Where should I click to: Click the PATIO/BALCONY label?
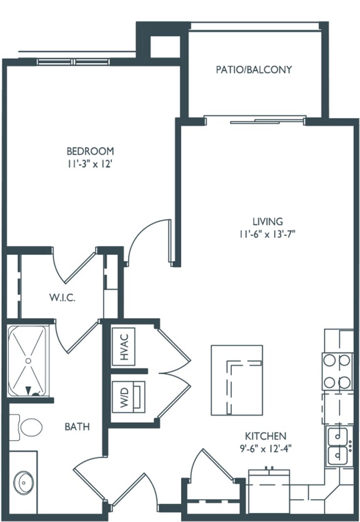point(254,70)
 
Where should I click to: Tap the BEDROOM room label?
point(90,151)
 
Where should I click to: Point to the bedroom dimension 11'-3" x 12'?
point(90,164)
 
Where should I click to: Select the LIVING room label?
point(267,222)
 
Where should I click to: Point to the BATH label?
point(77,427)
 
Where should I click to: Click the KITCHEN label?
point(265,436)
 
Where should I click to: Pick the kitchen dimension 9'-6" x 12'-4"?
point(265,448)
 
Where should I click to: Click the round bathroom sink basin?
point(23,481)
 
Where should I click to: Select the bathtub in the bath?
point(29,361)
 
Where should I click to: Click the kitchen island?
point(237,380)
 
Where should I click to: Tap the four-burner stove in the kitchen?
point(338,371)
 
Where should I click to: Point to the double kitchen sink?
point(338,446)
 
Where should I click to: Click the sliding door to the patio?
point(255,119)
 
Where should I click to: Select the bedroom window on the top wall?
point(75,61)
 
